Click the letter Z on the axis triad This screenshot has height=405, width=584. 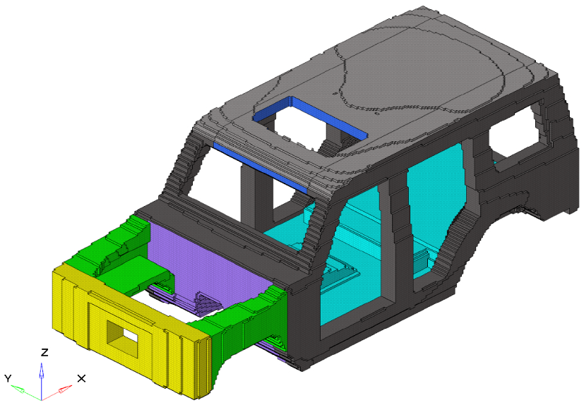click(44, 352)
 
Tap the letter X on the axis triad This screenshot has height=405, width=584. click(81, 378)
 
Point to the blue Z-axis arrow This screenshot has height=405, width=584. click(42, 374)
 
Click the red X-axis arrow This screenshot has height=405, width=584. click(62, 389)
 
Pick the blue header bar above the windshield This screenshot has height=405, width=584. click(261, 168)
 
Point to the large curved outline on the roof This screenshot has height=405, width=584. click(424, 71)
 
